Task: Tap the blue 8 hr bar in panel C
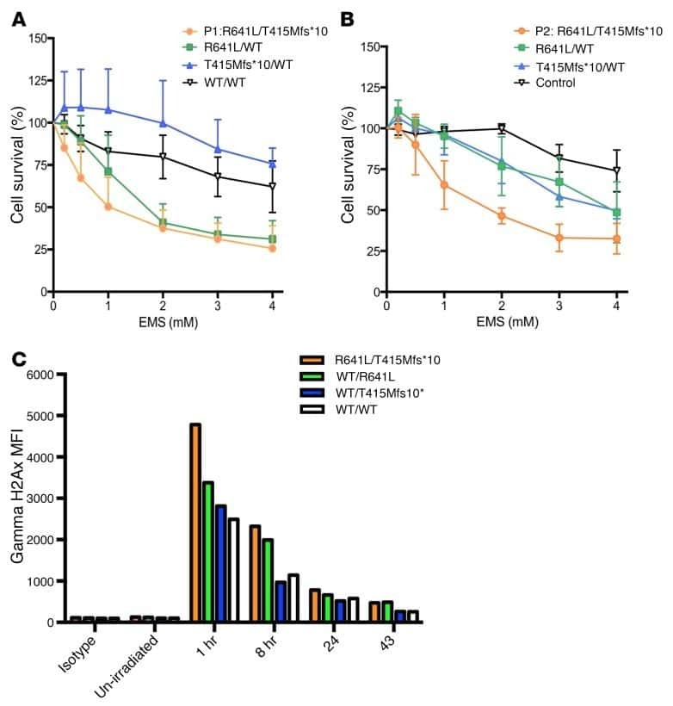pos(280,602)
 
